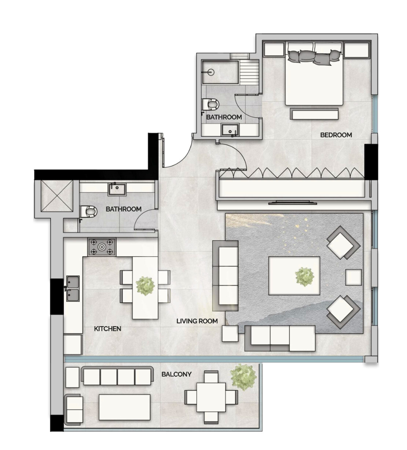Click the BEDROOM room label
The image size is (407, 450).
point(336,135)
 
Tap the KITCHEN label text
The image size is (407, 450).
point(107,329)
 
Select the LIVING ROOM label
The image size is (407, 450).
point(197,321)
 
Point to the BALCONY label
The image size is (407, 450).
point(176,374)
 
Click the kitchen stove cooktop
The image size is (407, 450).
point(102,247)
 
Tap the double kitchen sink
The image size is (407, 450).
point(73,288)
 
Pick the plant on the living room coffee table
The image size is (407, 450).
point(305,277)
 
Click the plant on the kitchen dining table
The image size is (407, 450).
point(145,286)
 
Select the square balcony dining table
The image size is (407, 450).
point(211,397)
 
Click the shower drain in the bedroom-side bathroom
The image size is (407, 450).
point(210,72)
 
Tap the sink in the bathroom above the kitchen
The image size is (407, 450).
point(117,189)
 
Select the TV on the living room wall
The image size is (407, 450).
point(293,203)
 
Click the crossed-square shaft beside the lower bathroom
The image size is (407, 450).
point(56,196)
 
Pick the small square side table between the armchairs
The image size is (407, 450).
point(353,277)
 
